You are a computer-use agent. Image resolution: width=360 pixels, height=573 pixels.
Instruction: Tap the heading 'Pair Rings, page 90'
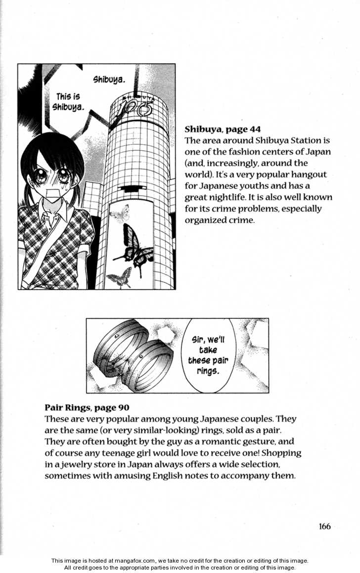pyautogui.click(x=87, y=407)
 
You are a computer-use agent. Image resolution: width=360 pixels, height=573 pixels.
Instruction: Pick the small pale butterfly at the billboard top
pyautogui.click(x=119, y=214)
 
